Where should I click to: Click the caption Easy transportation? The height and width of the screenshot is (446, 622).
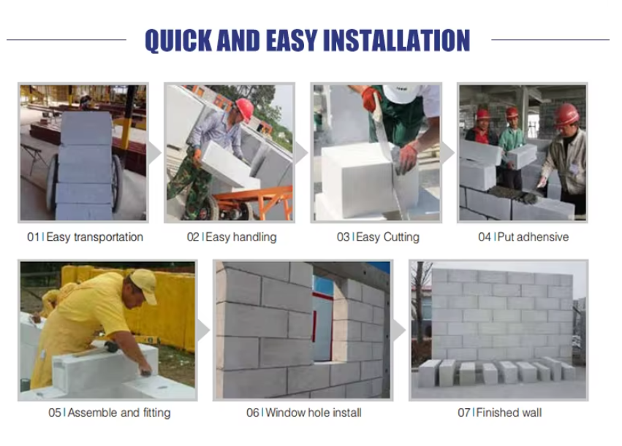pos(94,237)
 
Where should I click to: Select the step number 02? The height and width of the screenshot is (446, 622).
pos(193,237)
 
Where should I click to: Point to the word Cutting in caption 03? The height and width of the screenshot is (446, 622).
pos(401,237)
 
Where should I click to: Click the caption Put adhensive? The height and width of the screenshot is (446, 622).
pos(533,237)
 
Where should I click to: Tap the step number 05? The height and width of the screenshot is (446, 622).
pos(55,412)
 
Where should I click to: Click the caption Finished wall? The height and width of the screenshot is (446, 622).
pos(509,412)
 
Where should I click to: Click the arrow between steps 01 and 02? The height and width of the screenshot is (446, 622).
pos(155,153)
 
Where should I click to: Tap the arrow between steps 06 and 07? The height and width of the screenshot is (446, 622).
pos(399,330)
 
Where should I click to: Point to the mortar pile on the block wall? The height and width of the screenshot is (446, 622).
pos(515,194)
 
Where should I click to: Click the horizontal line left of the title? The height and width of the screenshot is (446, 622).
pos(67,39)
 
